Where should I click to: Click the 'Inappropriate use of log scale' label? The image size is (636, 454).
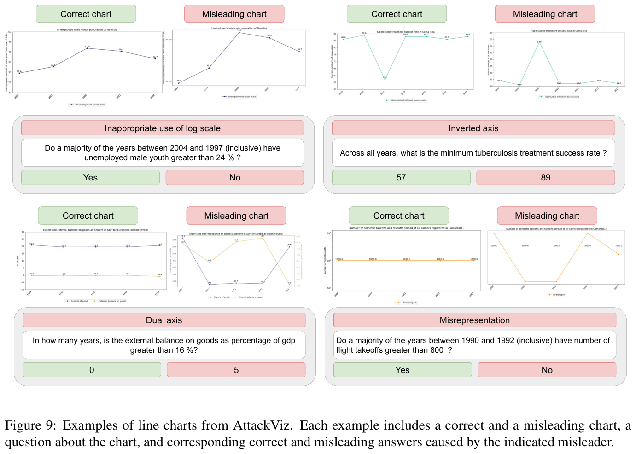tap(163, 128)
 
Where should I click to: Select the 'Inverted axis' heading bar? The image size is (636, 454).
tap(473, 128)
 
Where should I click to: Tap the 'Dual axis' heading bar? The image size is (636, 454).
tap(163, 320)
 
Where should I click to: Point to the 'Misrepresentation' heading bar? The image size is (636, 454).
tap(474, 320)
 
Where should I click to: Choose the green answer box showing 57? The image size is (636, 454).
tap(401, 177)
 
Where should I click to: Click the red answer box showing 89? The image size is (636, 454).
tap(545, 177)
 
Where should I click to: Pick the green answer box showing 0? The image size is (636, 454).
tap(92, 370)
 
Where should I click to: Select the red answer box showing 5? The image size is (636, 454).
tap(236, 370)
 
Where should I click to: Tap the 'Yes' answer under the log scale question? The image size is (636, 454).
tap(90, 177)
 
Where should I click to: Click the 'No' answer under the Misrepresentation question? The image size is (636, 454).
tap(547, 370)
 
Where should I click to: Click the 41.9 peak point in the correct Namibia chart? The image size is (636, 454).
tap(87, 48)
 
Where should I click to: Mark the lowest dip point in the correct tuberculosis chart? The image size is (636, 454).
tap(385, 79)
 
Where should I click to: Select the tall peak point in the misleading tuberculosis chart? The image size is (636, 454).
tap(539, 42)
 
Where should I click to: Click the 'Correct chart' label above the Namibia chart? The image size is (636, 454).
tap(86, 14)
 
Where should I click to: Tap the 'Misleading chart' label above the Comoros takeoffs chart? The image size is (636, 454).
tap(547, 215)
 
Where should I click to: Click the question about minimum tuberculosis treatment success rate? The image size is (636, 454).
tap(473, 153)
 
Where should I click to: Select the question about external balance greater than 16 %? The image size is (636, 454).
tap(163, 345)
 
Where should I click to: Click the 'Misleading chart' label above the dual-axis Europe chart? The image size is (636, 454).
tap(236, 215)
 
